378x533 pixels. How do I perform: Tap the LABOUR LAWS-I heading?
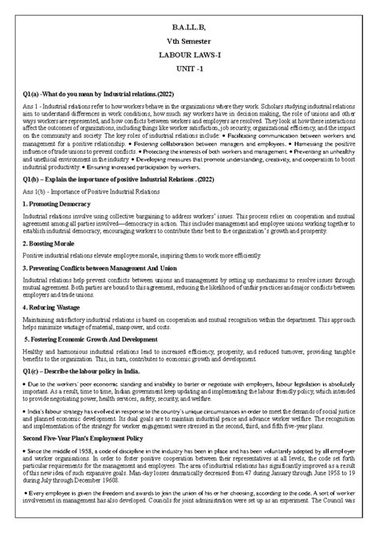click(x=188, y=55)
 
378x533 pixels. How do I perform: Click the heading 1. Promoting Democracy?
click(x=55, y=204)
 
